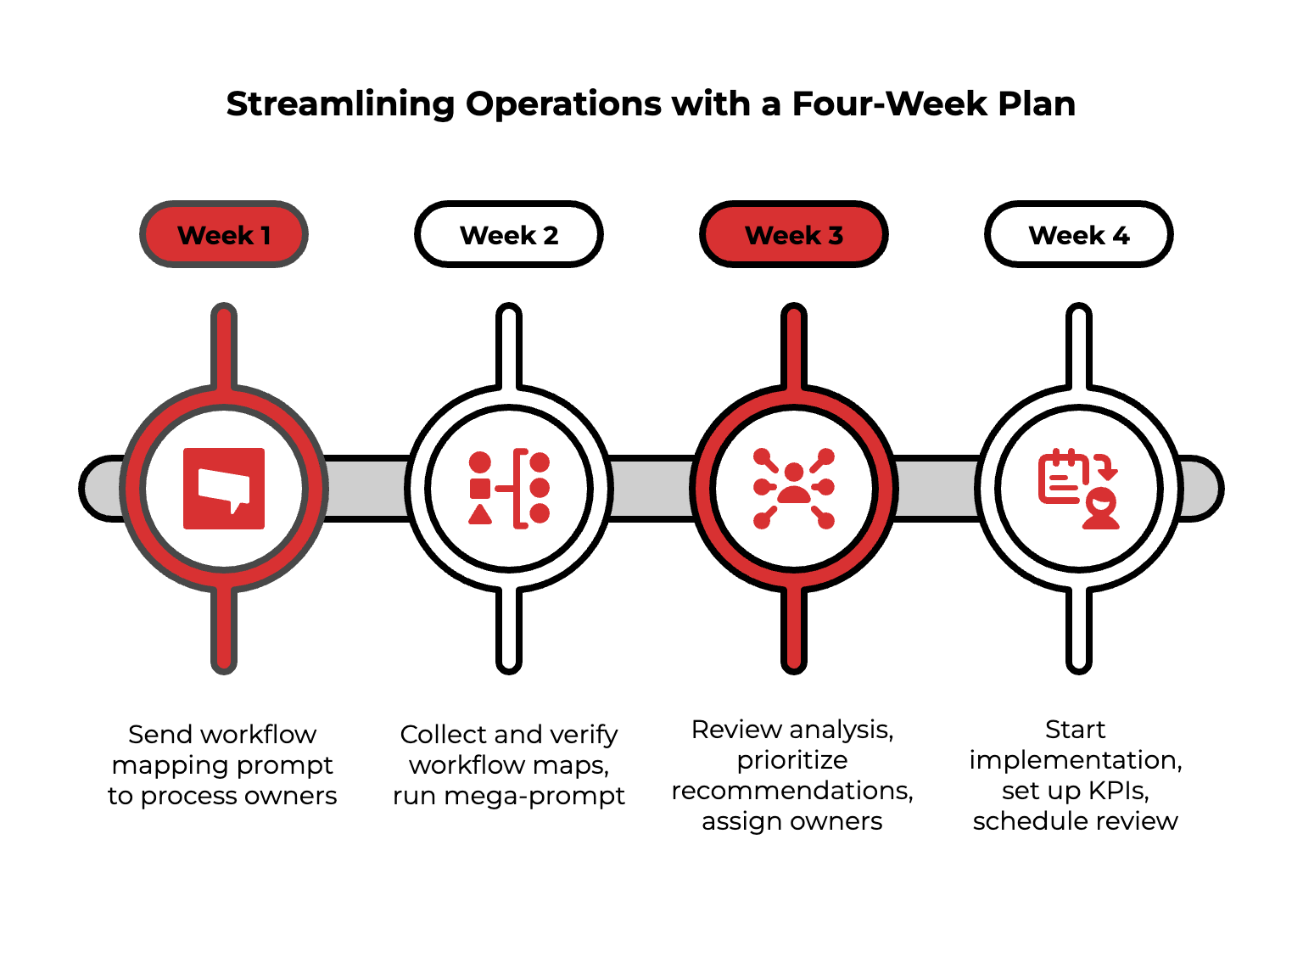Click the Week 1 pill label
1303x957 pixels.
click(x=224, y=235)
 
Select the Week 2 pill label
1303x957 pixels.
click(x=509, y=235)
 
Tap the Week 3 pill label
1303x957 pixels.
click(x=794, y=235)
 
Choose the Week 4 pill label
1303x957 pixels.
click(x=1079, y=235)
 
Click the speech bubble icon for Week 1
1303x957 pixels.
click(x=224, y=489)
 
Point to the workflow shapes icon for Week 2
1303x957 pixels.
click(x=509, y=489)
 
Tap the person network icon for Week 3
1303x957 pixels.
click(x=794, y=489)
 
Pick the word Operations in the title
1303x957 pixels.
click(x=564, y=104)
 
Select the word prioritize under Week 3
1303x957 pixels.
click(x=792, y=760)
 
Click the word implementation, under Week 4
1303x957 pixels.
click(x=1076, y=760)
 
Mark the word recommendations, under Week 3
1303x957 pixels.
click(x=792, y=791)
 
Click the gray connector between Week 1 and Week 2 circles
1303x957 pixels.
click(x=367, y=489)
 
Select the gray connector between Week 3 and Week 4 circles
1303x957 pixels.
click(x=937, y=489)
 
